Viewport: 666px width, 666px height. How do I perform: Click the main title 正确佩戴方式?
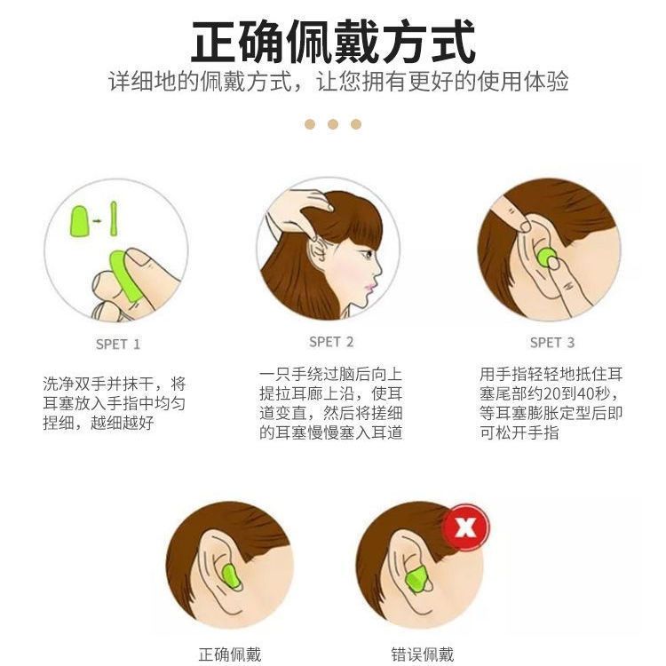(x=333, y=42)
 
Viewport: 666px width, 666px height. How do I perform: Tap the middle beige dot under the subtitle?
(x=333, y=124)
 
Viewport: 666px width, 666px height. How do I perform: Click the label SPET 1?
(x=117, y=344)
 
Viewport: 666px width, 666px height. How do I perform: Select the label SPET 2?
(x=331, y=342)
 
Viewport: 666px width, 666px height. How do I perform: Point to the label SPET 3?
(x=552, y=343)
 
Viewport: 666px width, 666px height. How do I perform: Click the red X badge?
(x=466, y=527)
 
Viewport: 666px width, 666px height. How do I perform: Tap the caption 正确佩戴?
(x=230, y=655)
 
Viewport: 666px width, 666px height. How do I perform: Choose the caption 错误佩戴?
(x=423, y=655)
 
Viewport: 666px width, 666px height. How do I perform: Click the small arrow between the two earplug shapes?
(x=98, y=221)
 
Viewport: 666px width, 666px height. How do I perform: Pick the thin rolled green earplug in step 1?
(x=114, y=218)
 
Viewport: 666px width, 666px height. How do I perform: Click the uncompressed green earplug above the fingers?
(x=79, y=221)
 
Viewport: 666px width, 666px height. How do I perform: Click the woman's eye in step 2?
(x=367, y=255)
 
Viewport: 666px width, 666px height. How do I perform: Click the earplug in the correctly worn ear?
(x=231, y=577)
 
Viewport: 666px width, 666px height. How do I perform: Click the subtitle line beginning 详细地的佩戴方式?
(x=338, y=81)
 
